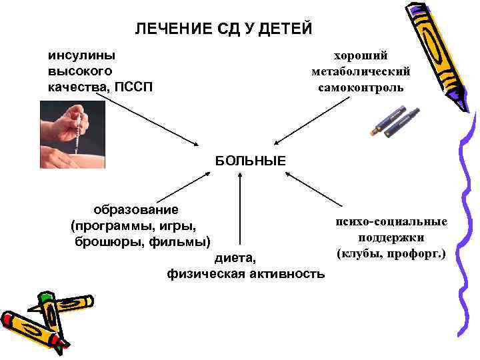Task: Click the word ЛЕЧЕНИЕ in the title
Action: point(166,29)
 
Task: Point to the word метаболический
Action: point(360,71)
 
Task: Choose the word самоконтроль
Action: point(360,87)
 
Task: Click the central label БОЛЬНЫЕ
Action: point(250,160)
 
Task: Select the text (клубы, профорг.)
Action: point(391,253)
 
